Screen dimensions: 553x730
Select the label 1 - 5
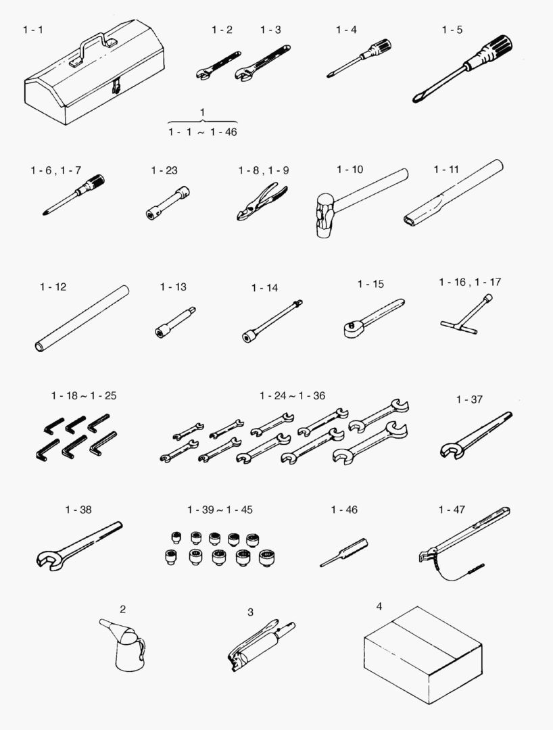[x=452, y=30]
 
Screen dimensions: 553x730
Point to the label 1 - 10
[x=350, y=170]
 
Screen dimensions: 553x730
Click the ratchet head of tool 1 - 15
[x=352, y=328]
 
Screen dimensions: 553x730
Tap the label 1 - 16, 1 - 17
[x=470, y=282]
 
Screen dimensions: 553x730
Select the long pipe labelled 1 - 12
[x=82, y=318]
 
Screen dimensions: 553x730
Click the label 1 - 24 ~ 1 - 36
[x=292, y=395]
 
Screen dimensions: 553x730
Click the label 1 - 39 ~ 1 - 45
[x=220, y=510]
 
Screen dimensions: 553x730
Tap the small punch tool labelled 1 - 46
[x=344, y=552]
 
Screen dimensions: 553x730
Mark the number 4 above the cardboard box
[x=379, y=606]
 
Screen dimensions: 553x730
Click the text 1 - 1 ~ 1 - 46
[x=203, y=132]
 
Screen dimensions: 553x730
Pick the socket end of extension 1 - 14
[x=248, y=335]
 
